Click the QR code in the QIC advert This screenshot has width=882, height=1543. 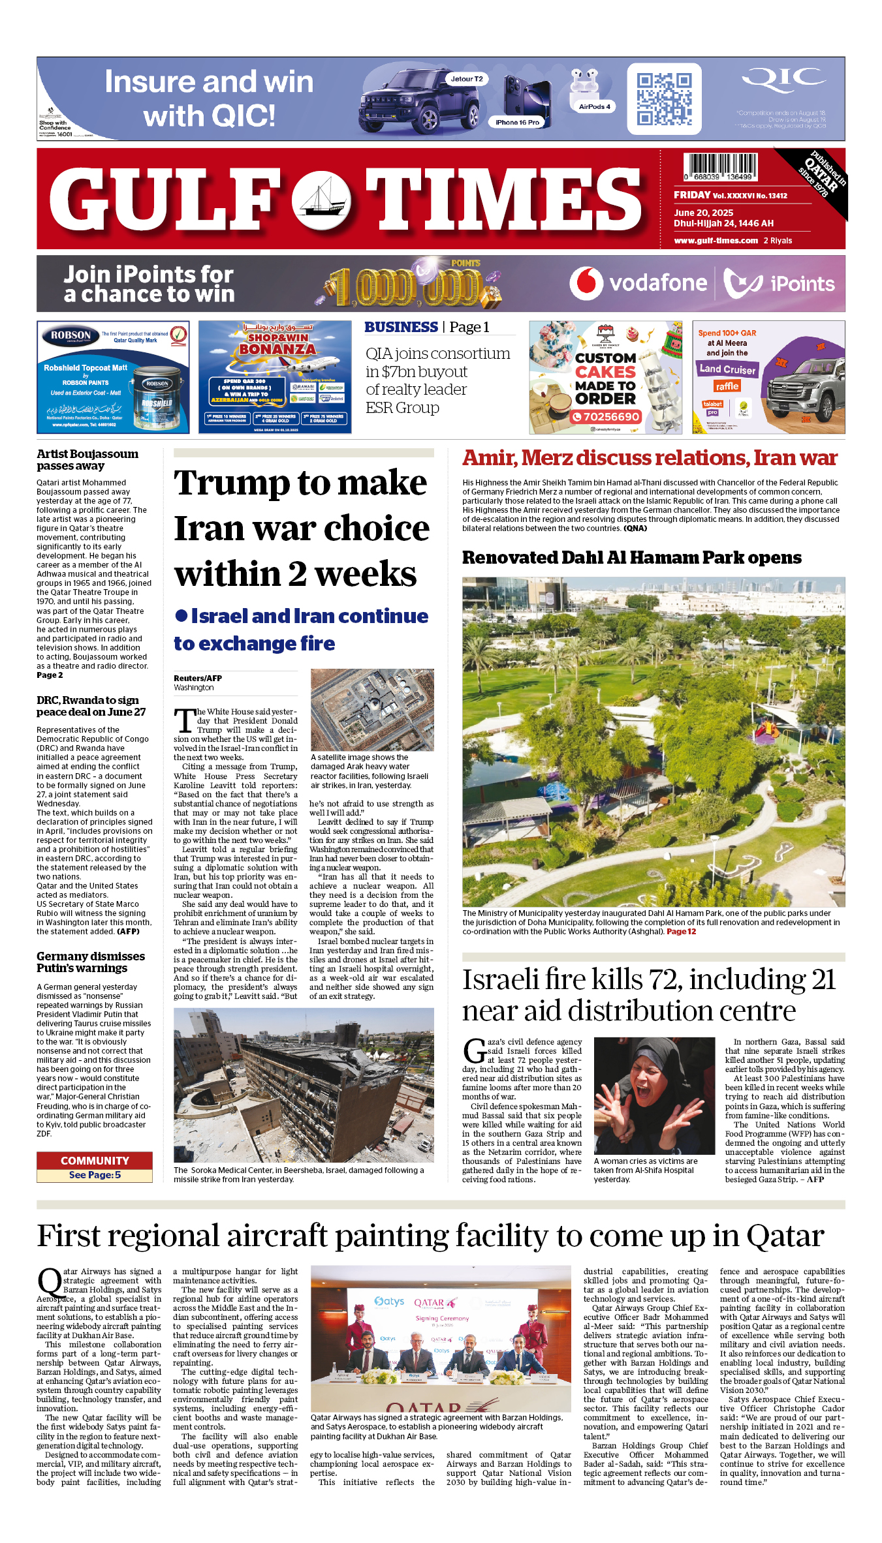pyautogui.click(x=664, y=99)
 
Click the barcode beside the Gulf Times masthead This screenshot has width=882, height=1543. pyautogui.click(x=720, y=167)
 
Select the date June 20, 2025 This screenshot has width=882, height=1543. pyautogui.click(x=703, y=213)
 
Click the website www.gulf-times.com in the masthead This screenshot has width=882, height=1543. pyautogui.click(x=716, y=241)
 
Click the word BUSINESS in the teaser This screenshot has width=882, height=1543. pyautogui.click(x=401, y=328)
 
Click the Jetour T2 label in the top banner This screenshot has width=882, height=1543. pyautogui.click(x=466, y=79)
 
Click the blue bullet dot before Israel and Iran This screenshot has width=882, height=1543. pyautogui.click(x=181, y=616)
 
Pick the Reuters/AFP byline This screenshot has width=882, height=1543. pyautogui.click(x=198, y=679)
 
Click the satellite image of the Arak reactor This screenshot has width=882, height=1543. pyautogui.click(x=372, y=710)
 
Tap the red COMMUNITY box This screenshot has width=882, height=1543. pyautogui.click(x=95, y=1161)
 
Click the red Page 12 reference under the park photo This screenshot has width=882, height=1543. pyautogui.click(x=681, y=932)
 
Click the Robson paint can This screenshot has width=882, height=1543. pyautogui.click(x=157, y=398)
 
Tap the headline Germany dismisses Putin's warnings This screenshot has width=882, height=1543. pyautogui.click(x=91, y=962)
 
